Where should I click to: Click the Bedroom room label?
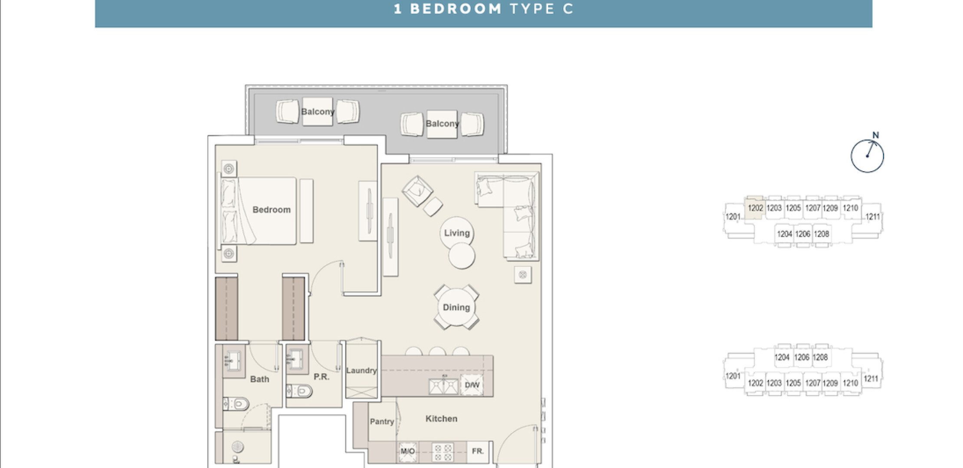272,210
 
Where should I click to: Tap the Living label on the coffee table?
457,233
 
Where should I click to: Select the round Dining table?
456,307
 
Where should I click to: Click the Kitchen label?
441,419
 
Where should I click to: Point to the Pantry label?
382,422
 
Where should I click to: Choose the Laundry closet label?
361,370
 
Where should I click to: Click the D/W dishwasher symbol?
472,385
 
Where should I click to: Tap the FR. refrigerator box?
478,451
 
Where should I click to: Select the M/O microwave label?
407,451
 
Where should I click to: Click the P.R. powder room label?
321,377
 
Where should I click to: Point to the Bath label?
259,379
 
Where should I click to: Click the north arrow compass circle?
867,156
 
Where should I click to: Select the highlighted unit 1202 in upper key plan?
755,208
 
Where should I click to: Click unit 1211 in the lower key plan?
871,379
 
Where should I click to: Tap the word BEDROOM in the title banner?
455,9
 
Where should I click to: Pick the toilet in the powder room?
300,391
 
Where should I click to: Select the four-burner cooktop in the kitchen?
442,452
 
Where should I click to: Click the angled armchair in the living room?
417,191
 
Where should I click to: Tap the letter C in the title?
568,9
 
